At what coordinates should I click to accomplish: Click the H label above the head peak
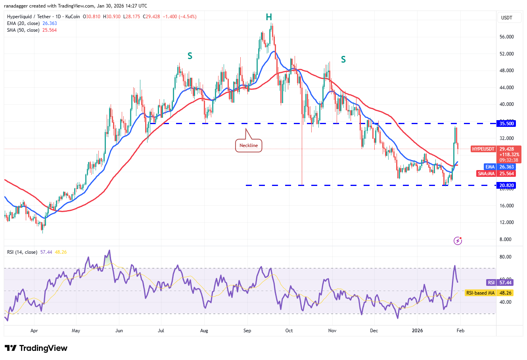click(269, 17)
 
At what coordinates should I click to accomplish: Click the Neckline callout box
click(249, 146)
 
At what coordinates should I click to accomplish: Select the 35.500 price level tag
click(506, 124)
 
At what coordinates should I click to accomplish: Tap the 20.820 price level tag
click(506, 185)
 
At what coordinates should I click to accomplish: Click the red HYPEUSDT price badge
click(483, 149)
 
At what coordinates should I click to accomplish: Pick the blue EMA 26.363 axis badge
click(500, 167)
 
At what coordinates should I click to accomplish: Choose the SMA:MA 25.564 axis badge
click(496, 174)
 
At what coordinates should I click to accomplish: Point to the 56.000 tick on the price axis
click(507, 37)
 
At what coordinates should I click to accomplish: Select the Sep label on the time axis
click(247, 331)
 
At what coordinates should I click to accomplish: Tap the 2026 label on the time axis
click(417, 331)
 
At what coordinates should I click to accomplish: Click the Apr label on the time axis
click(34, 331)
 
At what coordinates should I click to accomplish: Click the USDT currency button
click(507, 18)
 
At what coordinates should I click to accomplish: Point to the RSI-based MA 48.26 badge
click(489, 293)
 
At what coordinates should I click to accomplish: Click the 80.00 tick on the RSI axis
click(505, 257)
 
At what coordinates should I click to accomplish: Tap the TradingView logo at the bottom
click(36, 348)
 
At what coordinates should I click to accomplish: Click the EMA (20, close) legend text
click(23, 23)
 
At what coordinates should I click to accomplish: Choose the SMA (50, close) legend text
click(23, 30)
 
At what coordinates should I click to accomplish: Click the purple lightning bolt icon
click(458, 241)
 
